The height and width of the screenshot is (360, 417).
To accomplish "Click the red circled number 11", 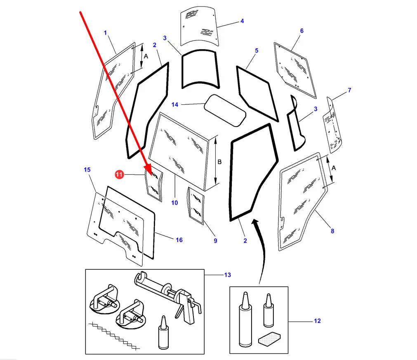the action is coord(120,175).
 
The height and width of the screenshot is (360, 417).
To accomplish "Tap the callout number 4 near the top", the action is coord(242,21).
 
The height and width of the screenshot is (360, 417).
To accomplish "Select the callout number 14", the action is coord(175,105).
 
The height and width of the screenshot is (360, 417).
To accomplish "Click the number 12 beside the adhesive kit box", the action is coord(317,321).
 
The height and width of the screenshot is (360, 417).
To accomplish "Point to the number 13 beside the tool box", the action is coord(228,275).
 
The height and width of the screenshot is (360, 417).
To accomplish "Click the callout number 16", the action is coord(179,240).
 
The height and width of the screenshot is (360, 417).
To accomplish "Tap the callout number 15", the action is coord(87,169).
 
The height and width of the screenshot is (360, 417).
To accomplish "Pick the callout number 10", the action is coord(174,202).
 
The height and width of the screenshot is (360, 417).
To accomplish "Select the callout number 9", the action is coord(215,241).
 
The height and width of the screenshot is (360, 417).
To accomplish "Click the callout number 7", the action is coord(349,90).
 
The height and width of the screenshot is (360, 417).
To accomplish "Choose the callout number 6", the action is coord(302,31).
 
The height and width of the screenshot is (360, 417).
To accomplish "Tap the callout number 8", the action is coord(332,231).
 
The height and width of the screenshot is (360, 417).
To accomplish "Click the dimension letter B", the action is coord(219,162).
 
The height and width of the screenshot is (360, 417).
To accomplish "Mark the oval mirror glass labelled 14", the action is coord(225,111).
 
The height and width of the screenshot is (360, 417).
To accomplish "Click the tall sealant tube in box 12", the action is coord(245,319).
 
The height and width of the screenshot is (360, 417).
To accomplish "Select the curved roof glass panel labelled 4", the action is coord(200,26).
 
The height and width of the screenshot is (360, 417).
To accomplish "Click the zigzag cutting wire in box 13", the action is coord(114,335).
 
